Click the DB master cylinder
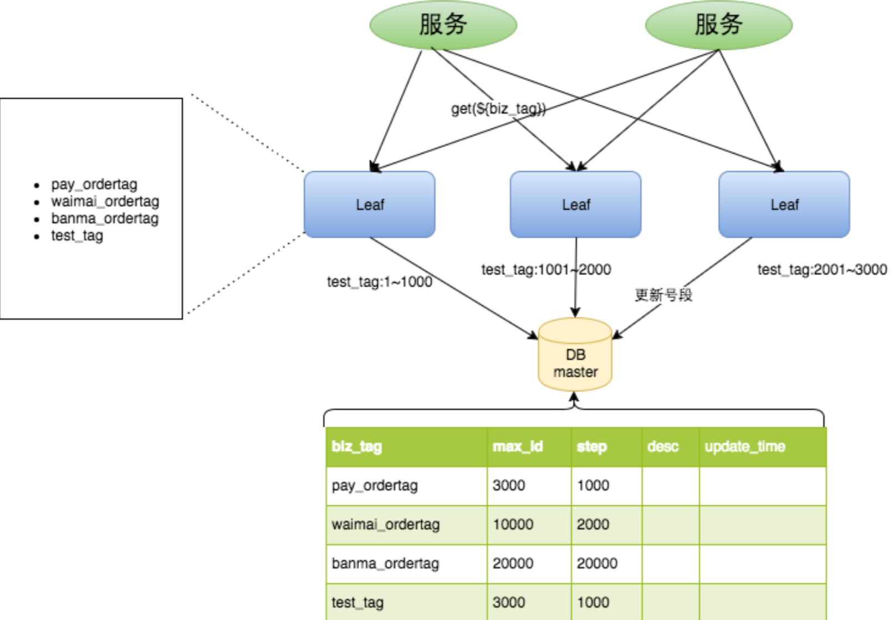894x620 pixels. pos(575,354)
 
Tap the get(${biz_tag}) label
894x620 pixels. pos(498,109)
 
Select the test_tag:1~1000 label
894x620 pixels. pos(380,282)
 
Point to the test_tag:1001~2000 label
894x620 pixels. pos(546,270)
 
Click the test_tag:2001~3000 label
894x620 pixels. pos(822,270)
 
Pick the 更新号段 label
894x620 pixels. pos(663,295)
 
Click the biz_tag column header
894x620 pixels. pos(357,447)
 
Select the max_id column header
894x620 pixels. pos(518,447)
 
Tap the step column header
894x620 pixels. pos(591,447)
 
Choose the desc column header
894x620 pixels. pos(662,447)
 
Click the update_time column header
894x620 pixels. pos(745,447)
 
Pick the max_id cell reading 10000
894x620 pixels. pos(513,524)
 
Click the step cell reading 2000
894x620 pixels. pos(592,524)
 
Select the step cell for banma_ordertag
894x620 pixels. pos(597,563)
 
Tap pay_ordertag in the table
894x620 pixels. pos(375,486)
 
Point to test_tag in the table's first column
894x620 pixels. pos(357,603)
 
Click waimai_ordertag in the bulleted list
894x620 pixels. pos(105,202)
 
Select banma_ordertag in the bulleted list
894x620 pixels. pos(105,219)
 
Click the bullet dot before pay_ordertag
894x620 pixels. pos(37,186)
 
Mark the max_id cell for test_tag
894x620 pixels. pos(508,602)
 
